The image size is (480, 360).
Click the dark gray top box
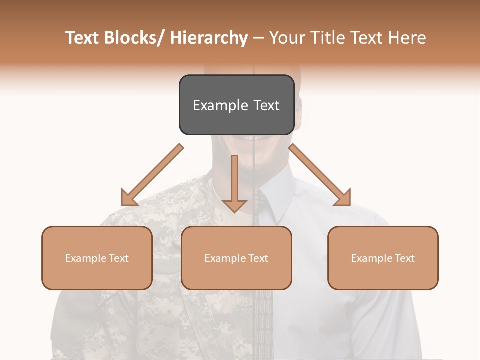point(236,105)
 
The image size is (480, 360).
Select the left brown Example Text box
point(97,258)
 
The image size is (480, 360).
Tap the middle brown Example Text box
point(236,258)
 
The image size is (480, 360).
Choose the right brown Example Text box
point(383,258)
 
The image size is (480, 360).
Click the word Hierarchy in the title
point(208,38)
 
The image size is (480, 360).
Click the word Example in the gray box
point(220,105)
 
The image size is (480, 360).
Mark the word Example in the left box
point(85,258)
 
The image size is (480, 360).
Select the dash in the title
point(258,38)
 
